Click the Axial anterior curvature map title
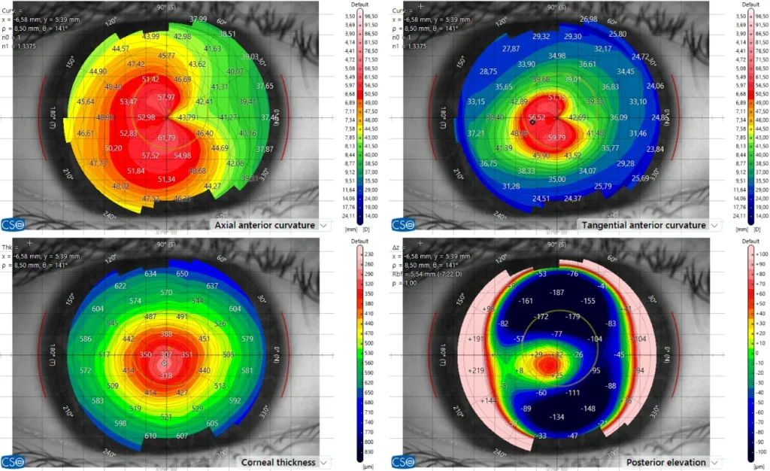pos(264,225)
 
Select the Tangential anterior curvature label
pos(643,225)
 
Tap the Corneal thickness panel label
pos(279,462)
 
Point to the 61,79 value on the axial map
pos(166,138)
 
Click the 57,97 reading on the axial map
pos(166,98)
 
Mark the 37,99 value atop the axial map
pos(199,19)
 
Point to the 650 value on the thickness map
pos(182,274)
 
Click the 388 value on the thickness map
pos(166,334)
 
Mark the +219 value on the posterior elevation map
pos(475,371)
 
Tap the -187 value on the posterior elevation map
pos(558,292)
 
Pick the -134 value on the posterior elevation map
pos(557,417)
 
